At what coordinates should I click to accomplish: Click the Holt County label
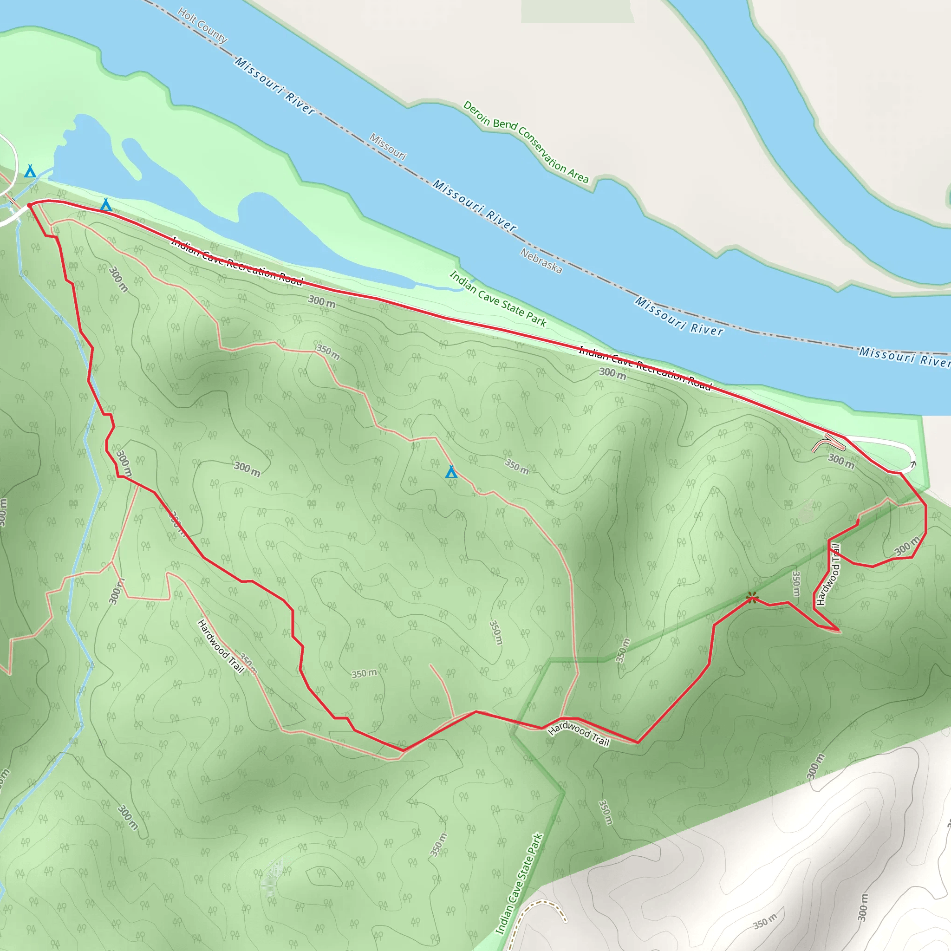tap(202, 25)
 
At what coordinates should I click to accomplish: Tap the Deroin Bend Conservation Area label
tap(526, 142)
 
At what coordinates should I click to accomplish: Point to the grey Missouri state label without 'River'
tap(388, 147)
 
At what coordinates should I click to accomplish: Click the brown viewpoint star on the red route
tap(752, 598)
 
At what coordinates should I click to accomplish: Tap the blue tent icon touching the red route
tap(106, 205)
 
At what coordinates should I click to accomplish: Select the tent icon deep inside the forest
tap(451, 472)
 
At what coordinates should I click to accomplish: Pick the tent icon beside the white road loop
tap(31, 171)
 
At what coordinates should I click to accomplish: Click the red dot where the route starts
tap(30, 205)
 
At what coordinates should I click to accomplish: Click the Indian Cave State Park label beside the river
tap(498, 299)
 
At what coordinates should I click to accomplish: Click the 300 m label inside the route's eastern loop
tap(906, 546)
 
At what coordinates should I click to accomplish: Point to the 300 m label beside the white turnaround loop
tap(841, 461)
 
